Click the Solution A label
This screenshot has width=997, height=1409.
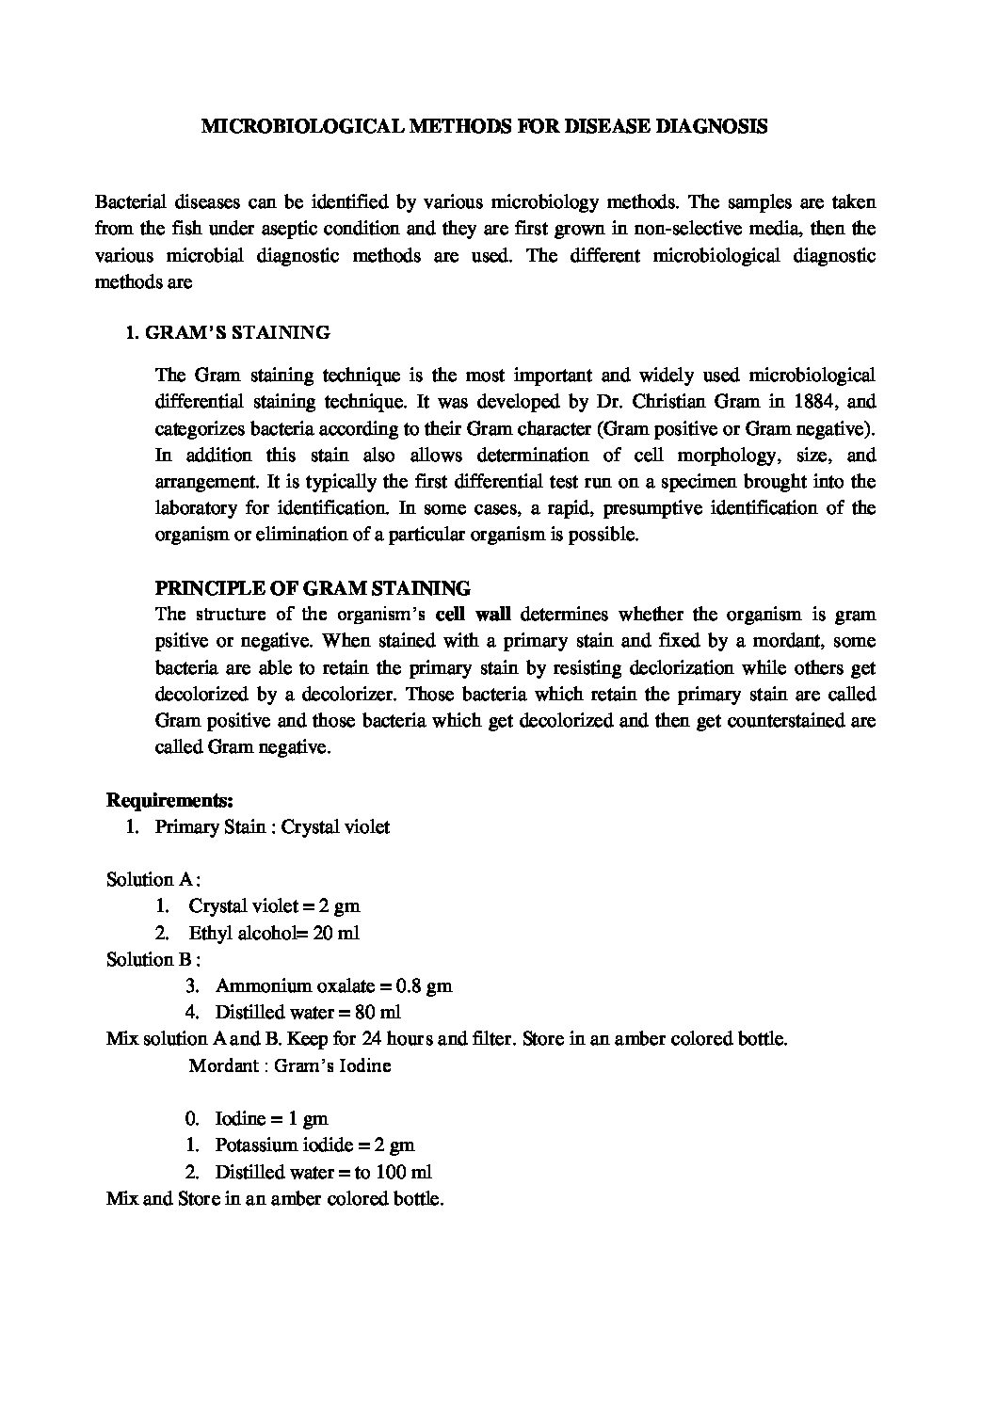pos(152,880)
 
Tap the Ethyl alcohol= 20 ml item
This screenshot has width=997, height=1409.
pos(274,934)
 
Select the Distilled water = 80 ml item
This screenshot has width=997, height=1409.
pos(308,1013)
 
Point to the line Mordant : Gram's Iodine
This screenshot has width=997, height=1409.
pos(290,1066)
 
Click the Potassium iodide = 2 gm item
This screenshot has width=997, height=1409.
pos(314,1146)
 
